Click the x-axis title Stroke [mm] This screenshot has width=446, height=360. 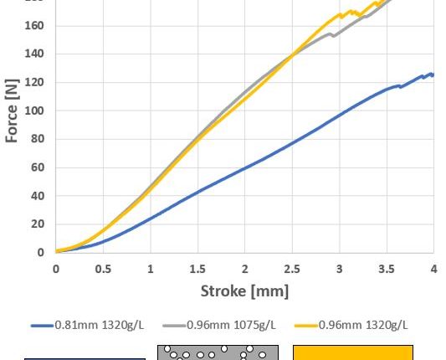point(244,291)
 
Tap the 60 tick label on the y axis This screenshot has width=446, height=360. point(38,167)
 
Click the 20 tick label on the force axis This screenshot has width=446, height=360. point(38,224)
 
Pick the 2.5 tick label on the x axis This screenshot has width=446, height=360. point(291,269)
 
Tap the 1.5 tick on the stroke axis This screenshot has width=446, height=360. point(197,269)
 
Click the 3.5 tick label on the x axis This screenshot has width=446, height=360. point(386,269)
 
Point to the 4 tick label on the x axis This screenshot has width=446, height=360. point(433,269)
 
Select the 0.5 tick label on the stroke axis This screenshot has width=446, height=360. point(102,269)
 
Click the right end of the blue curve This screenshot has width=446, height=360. point(433,75)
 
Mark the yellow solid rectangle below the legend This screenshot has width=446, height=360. point(352,352)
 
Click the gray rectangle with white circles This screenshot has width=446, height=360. point(218,352)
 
